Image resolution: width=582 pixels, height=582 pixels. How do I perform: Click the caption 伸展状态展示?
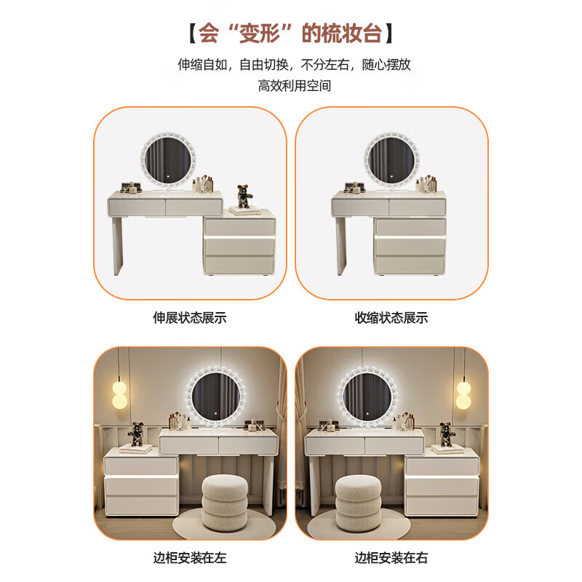[190, 318]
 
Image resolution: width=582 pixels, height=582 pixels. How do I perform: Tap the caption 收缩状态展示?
[391, 318]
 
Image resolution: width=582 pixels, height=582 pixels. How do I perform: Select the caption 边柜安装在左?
[190, 558]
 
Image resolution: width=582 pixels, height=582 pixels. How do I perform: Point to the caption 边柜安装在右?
[391, 558]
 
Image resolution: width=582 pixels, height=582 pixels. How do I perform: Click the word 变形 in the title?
[248, 33]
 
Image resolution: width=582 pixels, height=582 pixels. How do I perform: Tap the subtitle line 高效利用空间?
[295, 85]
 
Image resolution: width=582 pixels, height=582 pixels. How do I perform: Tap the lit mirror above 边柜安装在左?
[216, 396]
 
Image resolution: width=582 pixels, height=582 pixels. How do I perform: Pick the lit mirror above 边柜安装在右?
[367, 396]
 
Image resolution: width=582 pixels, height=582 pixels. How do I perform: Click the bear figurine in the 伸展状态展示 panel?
[243, 196]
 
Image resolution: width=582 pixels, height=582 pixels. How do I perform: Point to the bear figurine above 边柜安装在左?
[135, 434]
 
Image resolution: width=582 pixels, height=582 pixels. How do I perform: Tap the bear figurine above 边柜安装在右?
[446, 434]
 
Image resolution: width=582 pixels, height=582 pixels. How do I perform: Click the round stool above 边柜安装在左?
[225, 502]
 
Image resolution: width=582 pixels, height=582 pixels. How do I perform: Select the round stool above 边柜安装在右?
[358, 502]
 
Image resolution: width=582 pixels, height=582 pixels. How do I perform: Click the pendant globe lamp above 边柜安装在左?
[120, 394]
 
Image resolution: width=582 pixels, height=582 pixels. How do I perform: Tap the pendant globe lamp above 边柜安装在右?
[463, 394]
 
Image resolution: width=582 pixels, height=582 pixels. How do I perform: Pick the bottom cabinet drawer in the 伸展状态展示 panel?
[239, 265]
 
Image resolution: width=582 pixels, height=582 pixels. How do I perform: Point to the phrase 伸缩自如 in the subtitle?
[202, 64]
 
